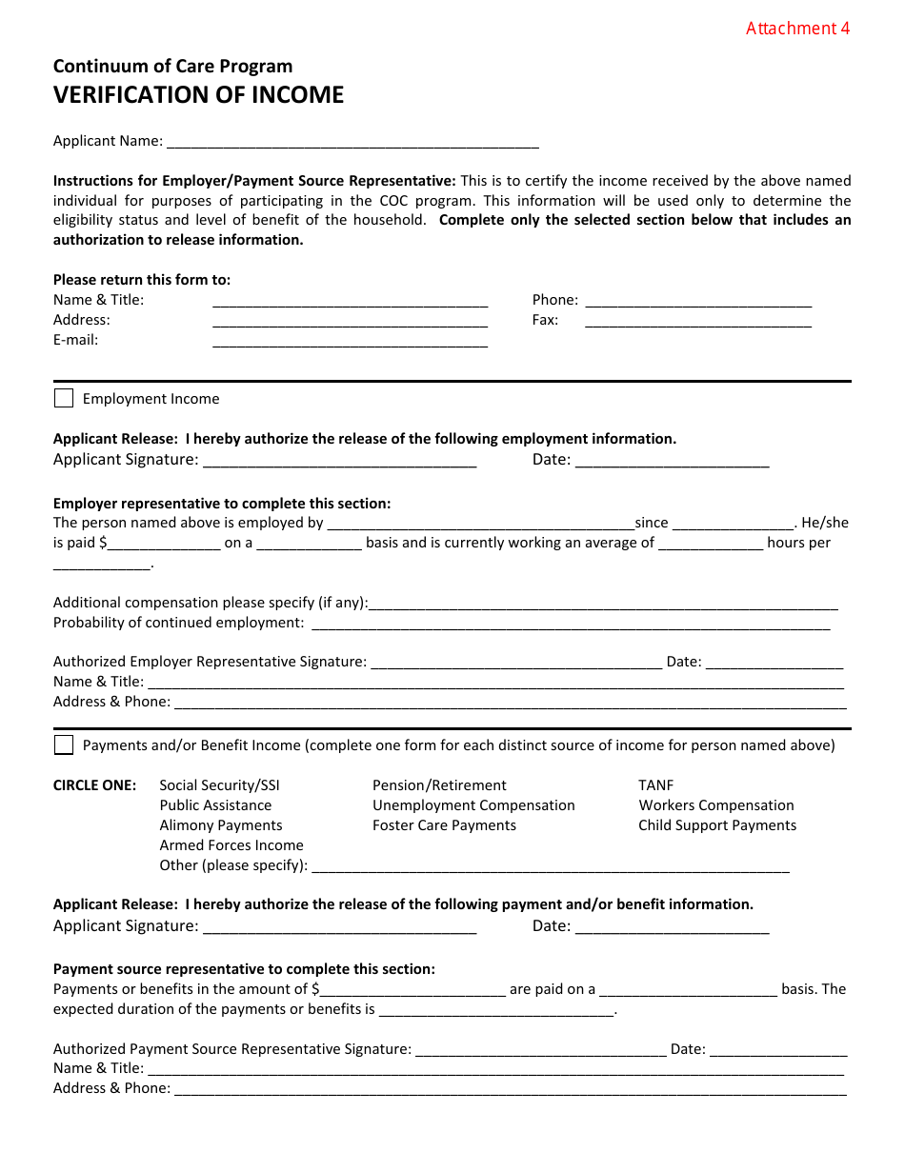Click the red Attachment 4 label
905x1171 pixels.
click(797, 29)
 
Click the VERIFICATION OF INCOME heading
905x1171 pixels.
click(198, 95)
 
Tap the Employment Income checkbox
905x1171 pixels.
click(64, 398)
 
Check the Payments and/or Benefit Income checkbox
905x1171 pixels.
click(64, 744)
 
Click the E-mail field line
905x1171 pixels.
click(350, 344)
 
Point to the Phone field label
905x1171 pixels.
click(554, 300)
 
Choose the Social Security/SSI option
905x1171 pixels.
click(219, 785)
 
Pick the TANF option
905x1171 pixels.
click(655, 785)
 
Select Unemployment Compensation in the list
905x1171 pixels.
click(473, 805)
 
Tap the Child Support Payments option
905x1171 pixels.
click(717, 825)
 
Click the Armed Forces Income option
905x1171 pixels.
click(231, 845)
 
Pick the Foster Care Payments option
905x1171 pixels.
click(444, 825)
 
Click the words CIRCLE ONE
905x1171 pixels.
click(94, 785)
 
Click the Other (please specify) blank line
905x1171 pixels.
click(550, 869)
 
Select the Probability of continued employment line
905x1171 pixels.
click(571, 626)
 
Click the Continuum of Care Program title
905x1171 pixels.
click(172, 67)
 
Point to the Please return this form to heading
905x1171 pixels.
click(142, 280)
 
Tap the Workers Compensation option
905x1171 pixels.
click(715, 805)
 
